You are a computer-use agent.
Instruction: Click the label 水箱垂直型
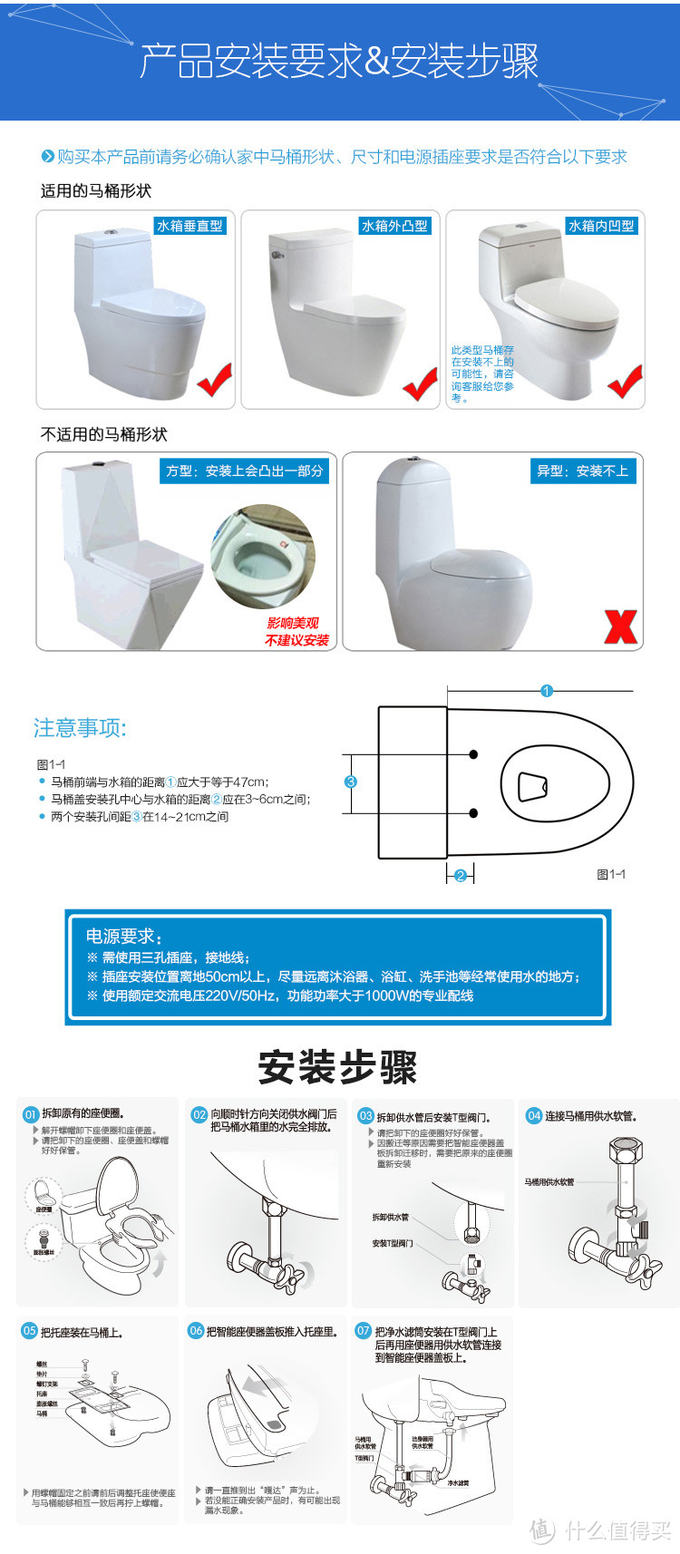[189, 226]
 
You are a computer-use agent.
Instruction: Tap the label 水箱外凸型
[394, 226]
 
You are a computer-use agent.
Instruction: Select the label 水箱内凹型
[601, 226]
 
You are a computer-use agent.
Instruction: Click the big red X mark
[621, 626]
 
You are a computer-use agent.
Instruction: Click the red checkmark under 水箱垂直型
[215, 380]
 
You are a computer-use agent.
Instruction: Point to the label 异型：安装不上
[582, 471]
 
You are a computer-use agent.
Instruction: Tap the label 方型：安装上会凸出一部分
[244, 471]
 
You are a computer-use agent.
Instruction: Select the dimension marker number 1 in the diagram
[547, 691]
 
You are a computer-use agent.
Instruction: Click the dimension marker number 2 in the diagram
[461, 875]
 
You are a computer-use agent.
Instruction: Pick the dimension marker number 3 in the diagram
[351, 782]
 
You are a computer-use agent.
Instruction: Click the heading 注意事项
[80, 728]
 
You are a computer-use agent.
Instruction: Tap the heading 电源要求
[123, 936]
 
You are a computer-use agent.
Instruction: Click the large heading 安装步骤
[337, 1067]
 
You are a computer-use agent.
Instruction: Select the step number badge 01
[31, 1114]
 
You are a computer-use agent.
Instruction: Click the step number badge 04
[534, 1115]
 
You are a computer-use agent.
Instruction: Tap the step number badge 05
[30, 1331]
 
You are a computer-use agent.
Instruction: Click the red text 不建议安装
[296, 640]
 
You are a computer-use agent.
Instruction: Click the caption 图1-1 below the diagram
[611, 874]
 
